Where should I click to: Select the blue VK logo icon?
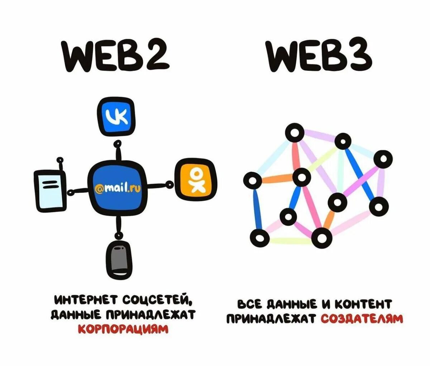coord(117,117)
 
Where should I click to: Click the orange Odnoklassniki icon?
coord(196,179)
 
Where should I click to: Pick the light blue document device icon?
coord(50,189)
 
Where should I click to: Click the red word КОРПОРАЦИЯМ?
coord(123,328)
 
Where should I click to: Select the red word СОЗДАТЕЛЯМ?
coord(362,318)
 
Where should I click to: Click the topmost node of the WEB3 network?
coord(295,133)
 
